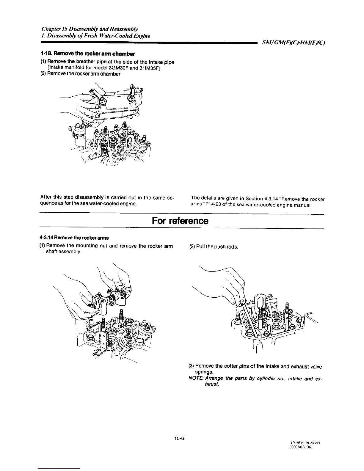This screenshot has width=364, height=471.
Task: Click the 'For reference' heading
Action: [180, 221]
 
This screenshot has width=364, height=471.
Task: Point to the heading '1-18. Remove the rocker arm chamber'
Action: [87, 54]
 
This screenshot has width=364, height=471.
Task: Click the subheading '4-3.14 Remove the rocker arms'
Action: [74, 238]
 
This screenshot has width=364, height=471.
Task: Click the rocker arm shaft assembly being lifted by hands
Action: [110, 299]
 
